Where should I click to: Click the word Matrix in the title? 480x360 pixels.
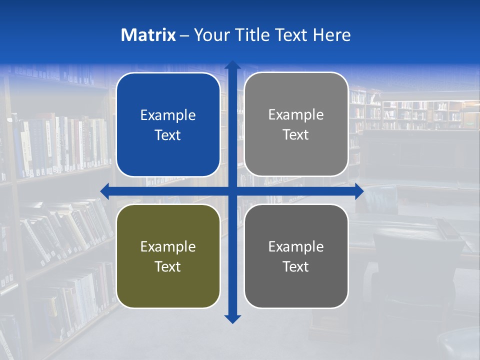coord(148,35)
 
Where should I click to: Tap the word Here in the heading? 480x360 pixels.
coord(331,35)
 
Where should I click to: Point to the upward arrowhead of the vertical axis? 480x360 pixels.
coord(232,65)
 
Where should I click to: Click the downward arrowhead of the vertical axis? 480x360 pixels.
coord(232,319)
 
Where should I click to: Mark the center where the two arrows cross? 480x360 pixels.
coord(232,191)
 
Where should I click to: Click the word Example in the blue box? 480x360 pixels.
coord(168,115)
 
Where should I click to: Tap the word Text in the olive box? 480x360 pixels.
coord(168,266)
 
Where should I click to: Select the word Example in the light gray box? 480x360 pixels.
coord(296,115)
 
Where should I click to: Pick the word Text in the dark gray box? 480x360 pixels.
coord(296,266)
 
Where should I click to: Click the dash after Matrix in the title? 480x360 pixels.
coord(184,35)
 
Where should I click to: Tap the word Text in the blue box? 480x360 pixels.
coord(168,135)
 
